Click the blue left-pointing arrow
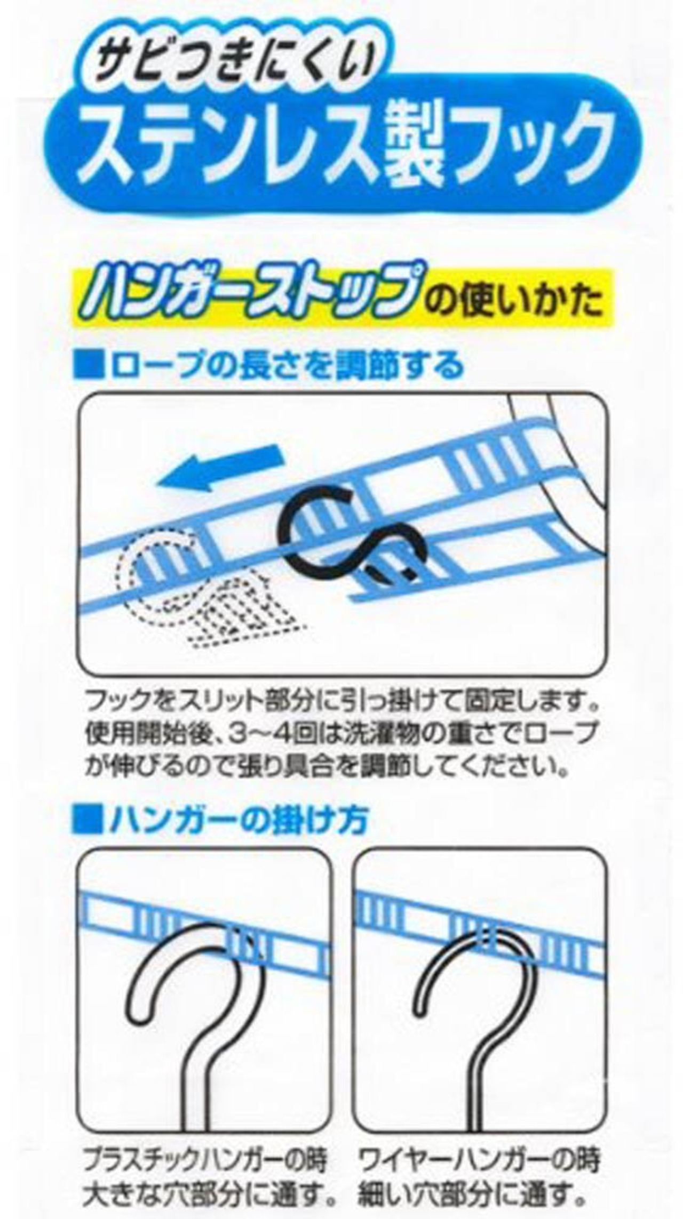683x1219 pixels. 220,468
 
